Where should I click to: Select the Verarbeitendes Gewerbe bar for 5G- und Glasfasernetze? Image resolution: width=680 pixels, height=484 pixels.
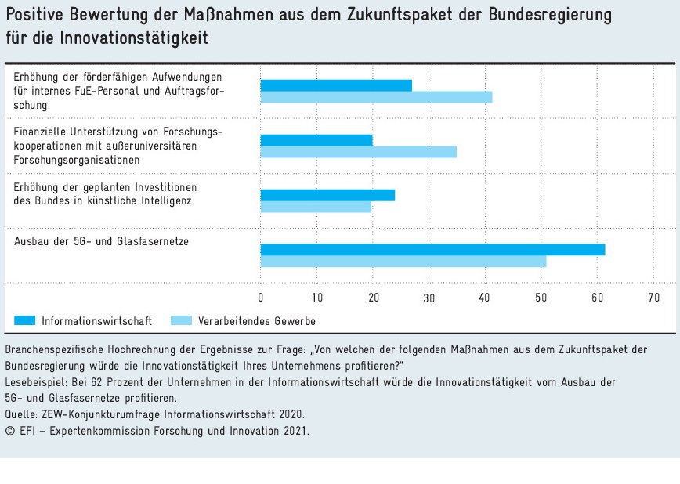[x=403, y=262]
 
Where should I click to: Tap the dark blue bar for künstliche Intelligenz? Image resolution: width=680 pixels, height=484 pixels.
[x=327, y=195]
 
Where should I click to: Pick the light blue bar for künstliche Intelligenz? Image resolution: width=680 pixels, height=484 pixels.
[x=316, y=207]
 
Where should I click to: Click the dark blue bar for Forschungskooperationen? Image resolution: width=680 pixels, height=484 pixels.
[x=316, y=140]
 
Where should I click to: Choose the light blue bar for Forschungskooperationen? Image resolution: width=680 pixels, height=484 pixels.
[x=358, y=152]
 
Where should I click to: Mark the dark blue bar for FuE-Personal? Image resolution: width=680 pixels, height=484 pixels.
[x=336, y=85]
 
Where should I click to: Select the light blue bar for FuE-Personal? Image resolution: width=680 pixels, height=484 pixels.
[x=376, y=97]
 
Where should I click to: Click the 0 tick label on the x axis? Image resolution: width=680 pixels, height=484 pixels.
[x=261, y=298]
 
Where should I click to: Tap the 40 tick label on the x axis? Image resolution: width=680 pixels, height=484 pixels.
[x=485, y=298]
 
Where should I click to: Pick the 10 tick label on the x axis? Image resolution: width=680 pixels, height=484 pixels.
[x=317, y=298]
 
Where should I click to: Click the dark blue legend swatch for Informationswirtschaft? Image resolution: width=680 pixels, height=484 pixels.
[x=25, y=320]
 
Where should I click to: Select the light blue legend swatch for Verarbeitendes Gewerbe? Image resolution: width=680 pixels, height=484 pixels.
[x=181, y=320]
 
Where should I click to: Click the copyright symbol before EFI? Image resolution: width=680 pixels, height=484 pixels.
[x=9, y=430]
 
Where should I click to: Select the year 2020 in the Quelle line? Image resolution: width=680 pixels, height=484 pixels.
[x=291, y=414]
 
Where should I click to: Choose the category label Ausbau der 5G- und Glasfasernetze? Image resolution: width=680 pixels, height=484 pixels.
[x=102, y=241]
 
